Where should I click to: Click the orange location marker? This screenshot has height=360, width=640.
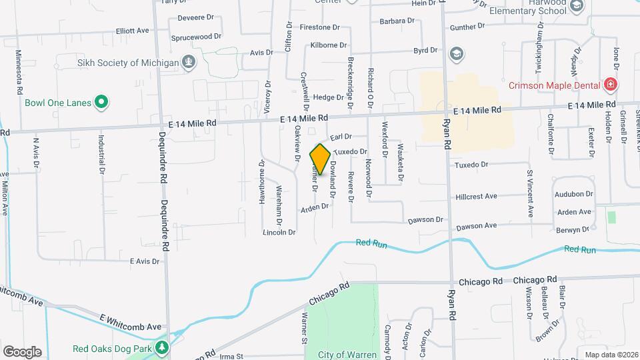pos(320,159)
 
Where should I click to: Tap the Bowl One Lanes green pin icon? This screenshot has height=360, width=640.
pos(101,103)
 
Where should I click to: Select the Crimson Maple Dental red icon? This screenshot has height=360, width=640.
pos(609,85)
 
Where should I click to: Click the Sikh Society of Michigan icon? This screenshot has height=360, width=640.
pos(189,63)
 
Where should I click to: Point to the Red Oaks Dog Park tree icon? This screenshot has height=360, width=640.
pos(161,347)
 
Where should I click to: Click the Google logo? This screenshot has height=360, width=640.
pos(22,351)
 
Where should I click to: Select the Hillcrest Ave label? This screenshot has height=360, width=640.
pos(477,197)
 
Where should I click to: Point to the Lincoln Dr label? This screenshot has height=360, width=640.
pos(279,232)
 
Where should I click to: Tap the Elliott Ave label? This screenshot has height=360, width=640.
pos(133,31)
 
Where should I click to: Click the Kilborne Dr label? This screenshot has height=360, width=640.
pos(329,45)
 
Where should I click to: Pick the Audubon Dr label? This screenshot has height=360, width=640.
pos(573,194)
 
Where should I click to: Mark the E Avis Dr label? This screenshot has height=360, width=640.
pos(145,261)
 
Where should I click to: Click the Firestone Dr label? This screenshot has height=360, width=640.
pos(320,28)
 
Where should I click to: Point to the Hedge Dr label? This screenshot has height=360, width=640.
pos(327,97)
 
